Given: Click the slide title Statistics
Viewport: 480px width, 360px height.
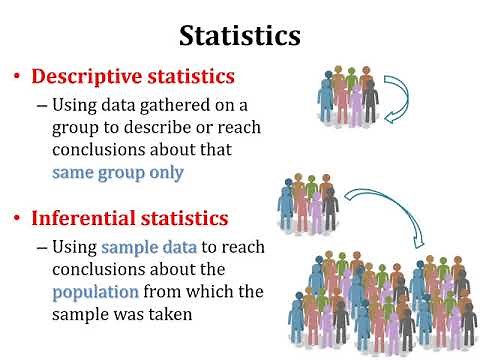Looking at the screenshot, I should [240, 36].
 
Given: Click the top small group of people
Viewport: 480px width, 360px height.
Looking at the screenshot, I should [348, 94].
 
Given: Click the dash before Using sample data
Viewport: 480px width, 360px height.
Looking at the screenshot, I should [41, 247].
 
